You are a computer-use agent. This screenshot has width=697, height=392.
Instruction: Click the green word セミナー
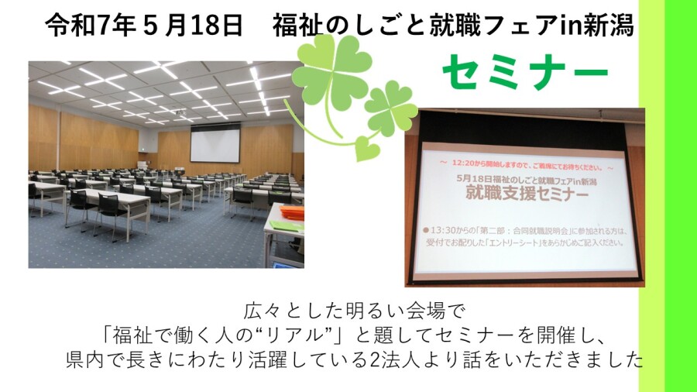pyautogui.click(x=525, y=72)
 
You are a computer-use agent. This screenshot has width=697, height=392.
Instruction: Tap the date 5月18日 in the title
pyautogui.click(x=193, y=26)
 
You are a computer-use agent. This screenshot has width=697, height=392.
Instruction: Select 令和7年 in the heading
pyautogui.click(x=91, y=26)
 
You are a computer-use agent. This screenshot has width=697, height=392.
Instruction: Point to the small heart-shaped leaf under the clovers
pyautogui.click(x=368, y=148)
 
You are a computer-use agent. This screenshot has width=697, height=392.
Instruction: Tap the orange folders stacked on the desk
pyautogui.click(x=292, y=212)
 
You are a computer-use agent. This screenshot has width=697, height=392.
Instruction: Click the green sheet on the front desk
pyautogui.click(x=287, y=225)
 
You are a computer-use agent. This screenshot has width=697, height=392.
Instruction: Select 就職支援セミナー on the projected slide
pyautogui.click(x=527, y=194)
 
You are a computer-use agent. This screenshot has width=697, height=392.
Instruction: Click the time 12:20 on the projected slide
pyautogui.click(x=463, y=163)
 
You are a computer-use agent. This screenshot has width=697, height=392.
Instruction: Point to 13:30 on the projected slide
pyautogui.click(x=443, y=231)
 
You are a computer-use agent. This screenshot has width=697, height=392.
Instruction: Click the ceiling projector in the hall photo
pyautogui.click(x=179, y=112)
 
